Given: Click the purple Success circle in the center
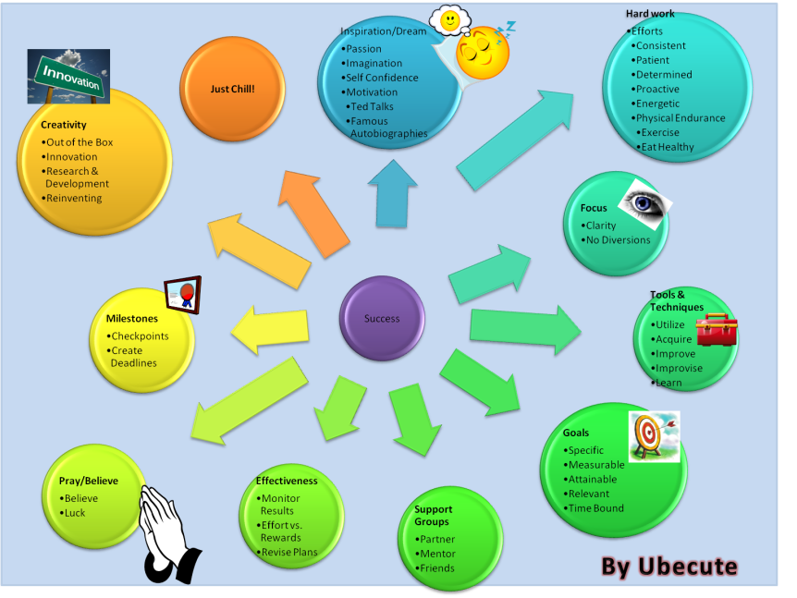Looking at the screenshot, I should [x=382, y=318].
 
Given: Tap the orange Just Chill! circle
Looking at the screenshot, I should [x=232, y=89].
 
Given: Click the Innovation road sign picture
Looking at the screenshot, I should [x=68, y=77].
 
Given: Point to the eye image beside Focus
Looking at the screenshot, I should [x=645, y=202].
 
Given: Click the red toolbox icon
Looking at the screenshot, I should [x=716, y=329].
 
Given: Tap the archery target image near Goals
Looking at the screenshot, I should [x=654, y=435].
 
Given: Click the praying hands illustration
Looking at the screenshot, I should [x=167, y=531].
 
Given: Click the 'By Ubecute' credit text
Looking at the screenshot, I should [x=669, y=566].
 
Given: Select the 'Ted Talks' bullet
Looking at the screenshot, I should [x=372, y=106].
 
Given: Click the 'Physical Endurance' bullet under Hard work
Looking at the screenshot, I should [x=680, y=117].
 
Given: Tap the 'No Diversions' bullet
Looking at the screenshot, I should [x=618, y=240].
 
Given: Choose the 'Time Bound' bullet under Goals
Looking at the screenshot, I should [x=595, y=508].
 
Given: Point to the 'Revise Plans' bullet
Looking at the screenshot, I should [x=290, y=553].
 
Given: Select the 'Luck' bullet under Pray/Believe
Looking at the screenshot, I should [x=75, y=513].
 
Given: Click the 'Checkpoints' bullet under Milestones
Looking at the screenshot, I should [x=140, y=336].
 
